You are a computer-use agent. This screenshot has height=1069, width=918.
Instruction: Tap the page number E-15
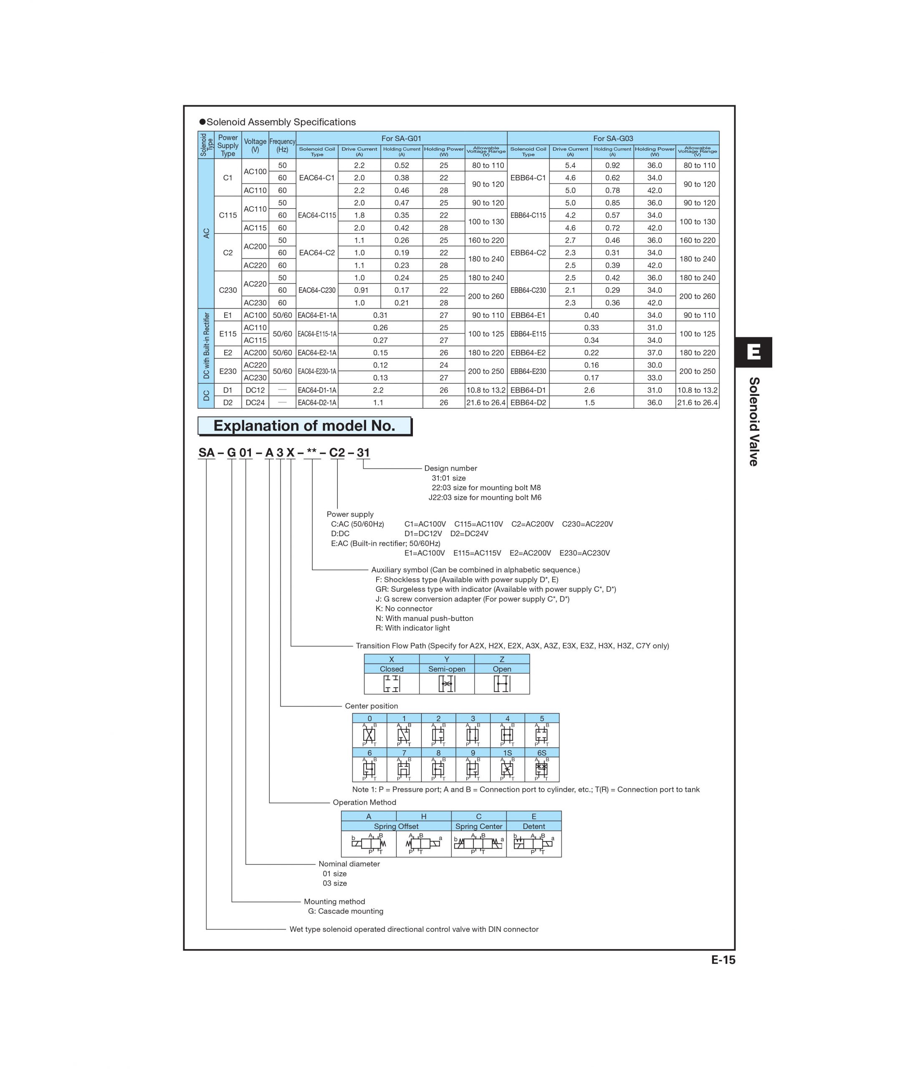click(x=723, y=960)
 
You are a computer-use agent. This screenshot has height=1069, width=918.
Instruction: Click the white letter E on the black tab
click(x=754, y=352)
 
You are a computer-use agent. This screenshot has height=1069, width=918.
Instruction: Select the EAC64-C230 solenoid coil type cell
click(x=317, y=290)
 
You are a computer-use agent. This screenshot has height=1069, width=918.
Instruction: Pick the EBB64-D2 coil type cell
click(x=528, y=403)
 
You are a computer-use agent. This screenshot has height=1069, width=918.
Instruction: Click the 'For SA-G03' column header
click(x=613, y=138)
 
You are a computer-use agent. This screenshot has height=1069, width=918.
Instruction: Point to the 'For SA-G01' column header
click(x=401, y=138)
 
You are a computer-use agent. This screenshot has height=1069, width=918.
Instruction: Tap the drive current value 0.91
click(x=359, y=290)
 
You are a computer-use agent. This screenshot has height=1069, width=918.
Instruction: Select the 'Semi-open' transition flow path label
click(x=447, y=669)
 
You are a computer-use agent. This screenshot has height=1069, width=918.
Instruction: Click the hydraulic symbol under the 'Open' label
click(x=502, y=684)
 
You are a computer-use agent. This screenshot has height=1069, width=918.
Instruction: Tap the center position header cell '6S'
click(x=541, y=753)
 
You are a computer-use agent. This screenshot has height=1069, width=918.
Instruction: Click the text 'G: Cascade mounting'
click(x=346, y=911)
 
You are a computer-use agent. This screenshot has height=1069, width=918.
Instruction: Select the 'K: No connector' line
click(x=404, y=609)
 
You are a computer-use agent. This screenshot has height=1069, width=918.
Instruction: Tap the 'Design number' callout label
click(x=450, y=469)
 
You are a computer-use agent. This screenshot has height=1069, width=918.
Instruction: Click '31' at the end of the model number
click(x=363, y=453)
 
